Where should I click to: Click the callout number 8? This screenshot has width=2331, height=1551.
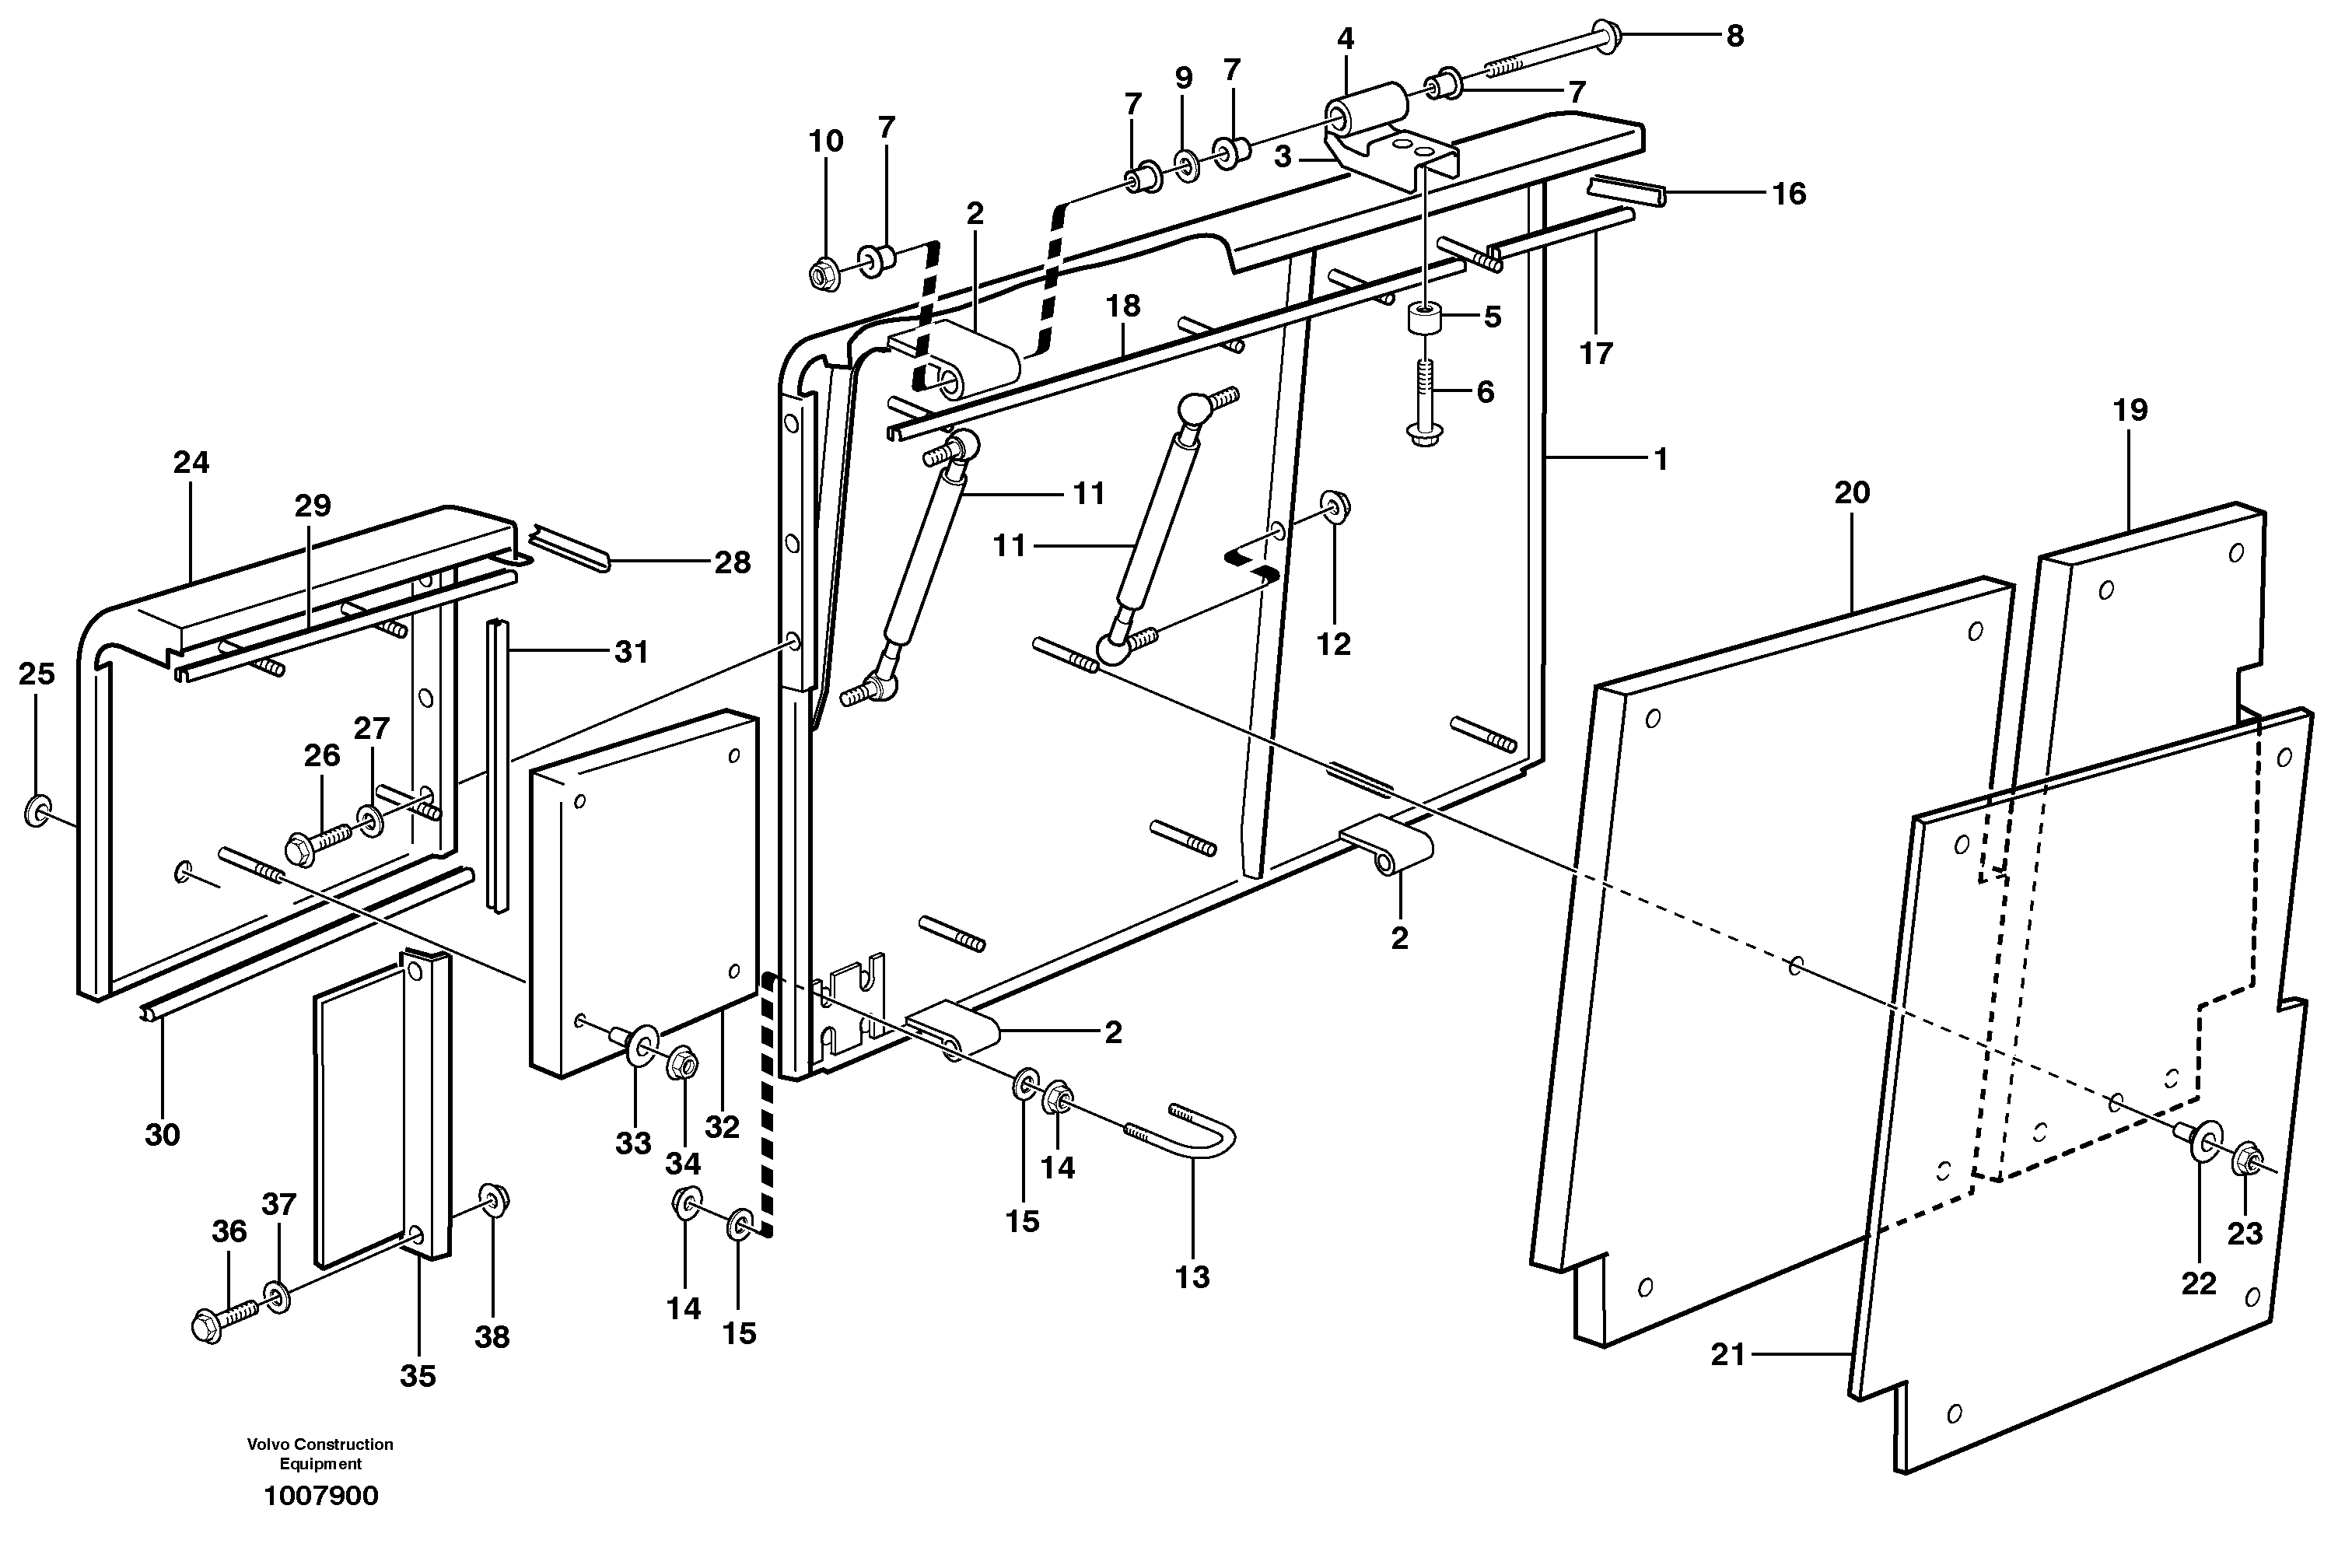tap(1734, 37)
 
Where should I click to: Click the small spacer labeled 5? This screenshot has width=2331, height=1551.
tap(1424, 320)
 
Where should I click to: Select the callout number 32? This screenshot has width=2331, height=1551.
tap(721, 1128)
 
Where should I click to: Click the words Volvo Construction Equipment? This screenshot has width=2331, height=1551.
tap(320, 1454)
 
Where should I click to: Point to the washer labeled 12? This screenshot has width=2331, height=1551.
tap(1335, 506)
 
